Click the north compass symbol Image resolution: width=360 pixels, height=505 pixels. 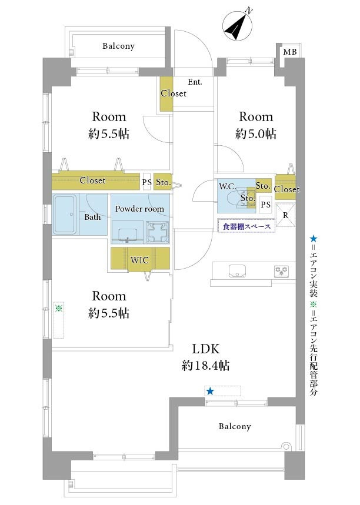(x=238, y=26)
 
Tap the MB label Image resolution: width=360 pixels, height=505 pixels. (x=290, y=52)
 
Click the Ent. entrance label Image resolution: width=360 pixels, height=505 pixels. (x=195, y=82)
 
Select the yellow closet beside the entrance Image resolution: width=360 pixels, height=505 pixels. (x=166, y=93)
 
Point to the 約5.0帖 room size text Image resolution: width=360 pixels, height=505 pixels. (x=255, y=133)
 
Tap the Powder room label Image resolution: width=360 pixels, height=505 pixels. (x=139, y=209)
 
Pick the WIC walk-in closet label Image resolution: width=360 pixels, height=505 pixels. (x=139, y=260)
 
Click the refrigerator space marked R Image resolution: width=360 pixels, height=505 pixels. (x=285, y=215)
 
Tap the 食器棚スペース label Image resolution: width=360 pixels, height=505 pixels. (x=246, y=226)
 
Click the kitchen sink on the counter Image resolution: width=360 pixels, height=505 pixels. (x=237, y=270)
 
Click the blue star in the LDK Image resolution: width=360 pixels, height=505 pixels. (x=210, y=392)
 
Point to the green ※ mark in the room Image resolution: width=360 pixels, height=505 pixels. (x=59, y=308)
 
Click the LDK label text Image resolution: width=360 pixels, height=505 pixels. (x=206, y=349)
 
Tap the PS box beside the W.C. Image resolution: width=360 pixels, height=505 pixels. (x=265, y=205)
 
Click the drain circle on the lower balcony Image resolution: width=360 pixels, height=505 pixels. (x=285, y=446)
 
